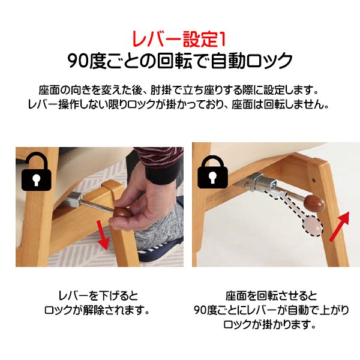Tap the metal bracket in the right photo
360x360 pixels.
261,179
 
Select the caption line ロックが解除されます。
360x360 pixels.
98,311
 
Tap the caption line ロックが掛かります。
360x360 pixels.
271,325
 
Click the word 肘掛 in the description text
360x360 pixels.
175,90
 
